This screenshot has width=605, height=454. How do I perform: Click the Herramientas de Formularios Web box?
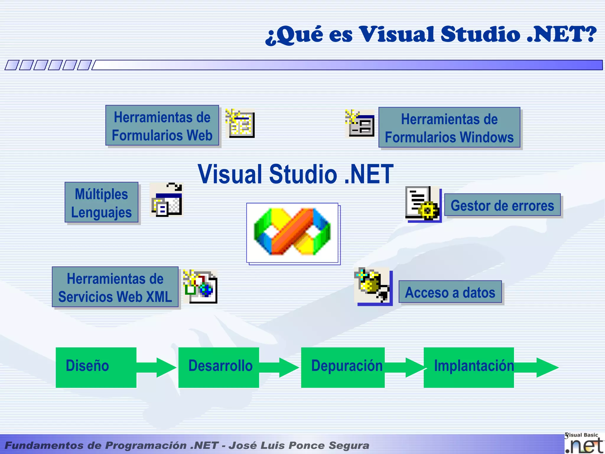click(162, 126)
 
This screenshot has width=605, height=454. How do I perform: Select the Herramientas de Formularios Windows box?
click(449, 128)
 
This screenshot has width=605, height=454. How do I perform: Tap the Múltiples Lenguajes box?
click(101, 202)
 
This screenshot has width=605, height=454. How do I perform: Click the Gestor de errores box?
click(502, 205)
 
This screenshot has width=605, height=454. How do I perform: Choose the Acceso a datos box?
click(450, 292)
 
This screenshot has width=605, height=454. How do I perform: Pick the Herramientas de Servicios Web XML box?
click(115, 287)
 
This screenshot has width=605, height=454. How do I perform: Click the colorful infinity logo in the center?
click(292, 232)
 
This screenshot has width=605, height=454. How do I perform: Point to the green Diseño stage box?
click(96, 367)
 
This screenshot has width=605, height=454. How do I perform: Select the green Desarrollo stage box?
click(219, 367)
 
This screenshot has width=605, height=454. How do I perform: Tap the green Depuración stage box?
click(343, 367)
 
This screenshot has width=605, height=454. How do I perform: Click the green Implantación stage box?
click(469, 367)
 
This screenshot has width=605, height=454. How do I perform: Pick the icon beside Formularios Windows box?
click(360, 124)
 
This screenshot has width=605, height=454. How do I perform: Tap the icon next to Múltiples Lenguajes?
click(167, 200)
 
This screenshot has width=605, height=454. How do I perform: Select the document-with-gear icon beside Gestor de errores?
click(423, 204)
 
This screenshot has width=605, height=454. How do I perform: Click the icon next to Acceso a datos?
click(373, 286)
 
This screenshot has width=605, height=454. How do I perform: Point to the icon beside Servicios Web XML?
click(200, 286)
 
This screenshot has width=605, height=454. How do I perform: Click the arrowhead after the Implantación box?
click(546, 368)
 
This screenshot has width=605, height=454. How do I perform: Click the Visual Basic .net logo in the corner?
click(584, 443)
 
